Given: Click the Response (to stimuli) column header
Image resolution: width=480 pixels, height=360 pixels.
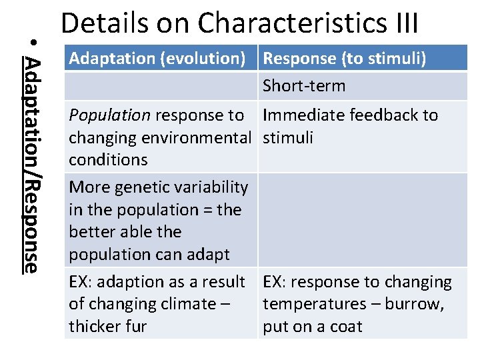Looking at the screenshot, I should (345, 58).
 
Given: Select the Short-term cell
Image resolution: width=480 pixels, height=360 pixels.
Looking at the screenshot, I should (304, 86).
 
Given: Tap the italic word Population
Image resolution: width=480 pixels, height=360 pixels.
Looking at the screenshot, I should (110, 115).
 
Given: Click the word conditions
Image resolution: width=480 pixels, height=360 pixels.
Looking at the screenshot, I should (108, 160).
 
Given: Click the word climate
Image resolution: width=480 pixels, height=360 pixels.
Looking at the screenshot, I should (183, 304).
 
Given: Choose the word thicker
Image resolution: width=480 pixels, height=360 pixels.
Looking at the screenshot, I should (96, 327).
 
